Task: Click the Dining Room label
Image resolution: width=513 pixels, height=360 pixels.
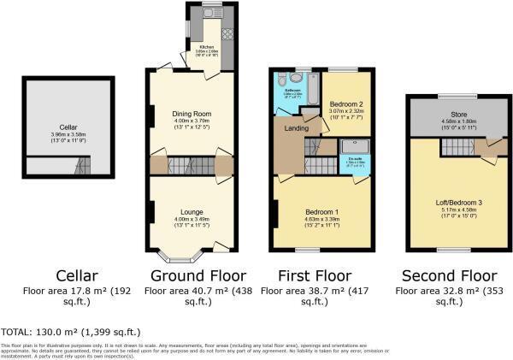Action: click(x=192, y=113)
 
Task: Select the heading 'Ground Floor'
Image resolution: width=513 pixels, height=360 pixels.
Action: click(x=198, y=275)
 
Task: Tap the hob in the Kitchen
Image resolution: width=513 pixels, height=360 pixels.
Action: click(x=227, y=33)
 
